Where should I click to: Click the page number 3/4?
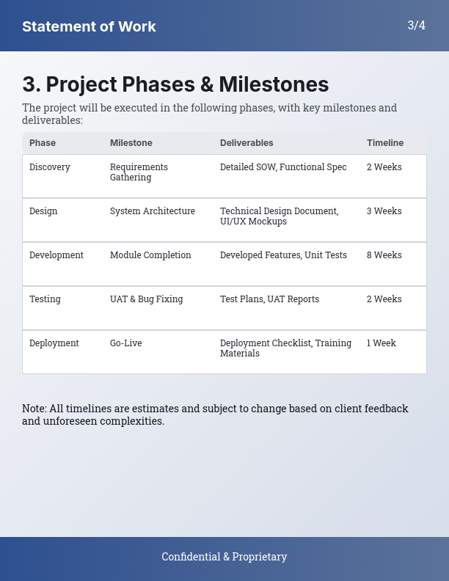[416, 25]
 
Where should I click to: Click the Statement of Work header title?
[89, 26]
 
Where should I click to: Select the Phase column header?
[43, 143]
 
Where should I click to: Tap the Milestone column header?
[131, 143]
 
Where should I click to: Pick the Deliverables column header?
[247, 143]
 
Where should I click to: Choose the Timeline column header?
[385, 143]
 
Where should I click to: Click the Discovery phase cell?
[50, 167]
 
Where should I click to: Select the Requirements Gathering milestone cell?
[139, 172]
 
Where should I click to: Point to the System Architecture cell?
[153, 211]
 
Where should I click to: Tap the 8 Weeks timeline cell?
[384, 255]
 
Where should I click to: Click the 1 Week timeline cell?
[382, 343]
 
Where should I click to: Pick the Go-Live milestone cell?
[126, 343]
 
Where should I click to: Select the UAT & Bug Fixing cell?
[147, 299]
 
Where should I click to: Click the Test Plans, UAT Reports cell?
[269, 299]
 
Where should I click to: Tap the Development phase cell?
[56, 255]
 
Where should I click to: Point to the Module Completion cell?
[150, 255]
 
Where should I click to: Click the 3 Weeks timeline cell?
[384, 211]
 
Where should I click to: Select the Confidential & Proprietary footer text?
[224, 557]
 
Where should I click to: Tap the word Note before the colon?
[34, 409]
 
